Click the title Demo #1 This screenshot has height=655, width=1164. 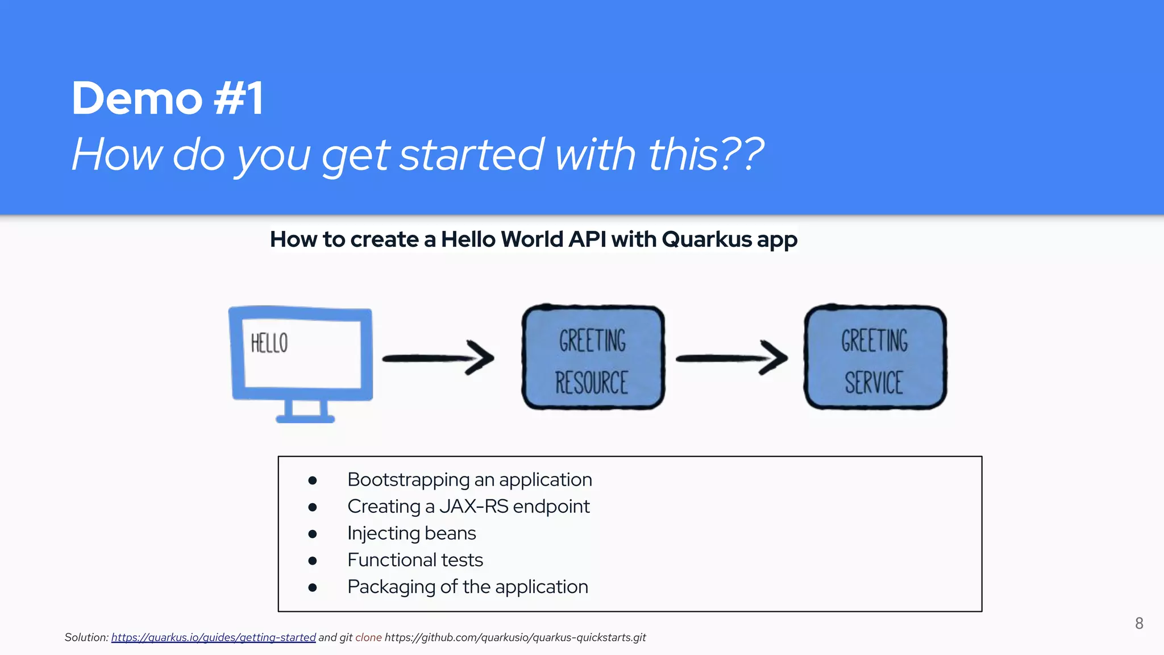[x=168, y=98]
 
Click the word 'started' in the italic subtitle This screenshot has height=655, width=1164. [x=472, y=155]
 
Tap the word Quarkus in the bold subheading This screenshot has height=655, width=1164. [x=706, y=239]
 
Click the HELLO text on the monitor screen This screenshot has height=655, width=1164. [x=269, y=343]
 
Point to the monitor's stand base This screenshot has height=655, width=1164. [x=305, y=419]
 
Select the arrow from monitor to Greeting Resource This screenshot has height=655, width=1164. [x=438, y=358]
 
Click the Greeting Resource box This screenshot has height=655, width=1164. [x=593, y=357]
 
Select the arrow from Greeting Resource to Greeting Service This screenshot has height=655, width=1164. [x=731, y=358]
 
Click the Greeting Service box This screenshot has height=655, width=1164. [x=875, y=357]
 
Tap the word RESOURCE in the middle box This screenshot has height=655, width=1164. [x=592, y=383]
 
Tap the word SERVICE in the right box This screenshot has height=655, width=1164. [x=874, y=383]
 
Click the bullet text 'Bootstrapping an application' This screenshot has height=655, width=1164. [x=469, y=480]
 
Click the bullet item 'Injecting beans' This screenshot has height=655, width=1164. [x=411, y=533]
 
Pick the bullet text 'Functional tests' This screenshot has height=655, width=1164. [x=415, y=560]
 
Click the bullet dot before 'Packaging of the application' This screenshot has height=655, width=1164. [x=312, y=587]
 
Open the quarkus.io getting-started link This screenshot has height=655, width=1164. [x=213, y=637]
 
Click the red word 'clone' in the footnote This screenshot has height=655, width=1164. [x=368, y=637]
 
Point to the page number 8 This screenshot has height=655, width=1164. [x=1139, y=623]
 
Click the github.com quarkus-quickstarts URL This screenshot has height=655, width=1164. [x=515, y=637]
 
